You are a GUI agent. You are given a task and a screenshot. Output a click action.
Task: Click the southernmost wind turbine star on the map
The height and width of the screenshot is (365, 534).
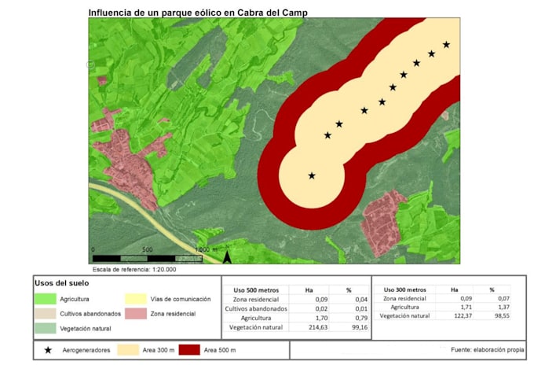coord(312,175)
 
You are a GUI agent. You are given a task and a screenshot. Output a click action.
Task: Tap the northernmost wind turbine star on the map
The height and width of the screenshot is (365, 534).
coord(446,44)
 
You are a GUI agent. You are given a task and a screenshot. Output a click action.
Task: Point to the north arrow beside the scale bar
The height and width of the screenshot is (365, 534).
coord(227,256)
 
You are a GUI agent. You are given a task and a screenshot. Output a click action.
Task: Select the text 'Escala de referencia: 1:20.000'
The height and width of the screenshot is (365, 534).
coord(134,269)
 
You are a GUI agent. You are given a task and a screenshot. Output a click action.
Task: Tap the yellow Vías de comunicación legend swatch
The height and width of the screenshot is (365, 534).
coord(137,299)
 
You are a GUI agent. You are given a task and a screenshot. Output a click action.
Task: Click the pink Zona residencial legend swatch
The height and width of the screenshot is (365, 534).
coord(137,314)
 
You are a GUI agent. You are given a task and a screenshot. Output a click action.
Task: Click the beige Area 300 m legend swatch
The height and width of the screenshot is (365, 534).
coord(128,348)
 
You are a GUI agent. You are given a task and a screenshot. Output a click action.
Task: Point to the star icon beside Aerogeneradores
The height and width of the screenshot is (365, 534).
coord(49,348)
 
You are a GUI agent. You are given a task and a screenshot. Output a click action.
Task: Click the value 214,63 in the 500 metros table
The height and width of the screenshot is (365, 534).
coord(309,326)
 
